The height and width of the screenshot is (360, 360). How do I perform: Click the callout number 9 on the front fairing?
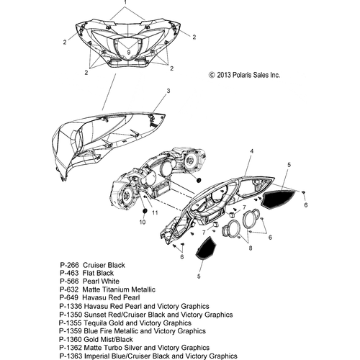(x=129, y=52)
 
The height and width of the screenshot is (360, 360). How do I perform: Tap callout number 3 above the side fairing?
(x=168, y=91)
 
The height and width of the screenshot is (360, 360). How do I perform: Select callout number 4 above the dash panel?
(x=252, y=151)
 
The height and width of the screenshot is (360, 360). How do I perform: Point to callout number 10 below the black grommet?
(x=143, y=222)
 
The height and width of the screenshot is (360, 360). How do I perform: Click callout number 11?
(x=155, y=212)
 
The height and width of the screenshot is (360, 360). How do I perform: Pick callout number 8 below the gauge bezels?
(x=251, y=248)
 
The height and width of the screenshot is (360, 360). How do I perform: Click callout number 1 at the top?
(x=125, y=2)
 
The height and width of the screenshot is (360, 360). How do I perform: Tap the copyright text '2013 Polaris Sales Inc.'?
(x=248, y=75)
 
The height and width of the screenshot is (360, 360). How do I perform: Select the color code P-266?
(x=69, y=265)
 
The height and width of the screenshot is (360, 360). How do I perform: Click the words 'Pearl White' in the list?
(x=101, y=282)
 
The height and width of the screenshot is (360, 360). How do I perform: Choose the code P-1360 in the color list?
(x=71, y=340)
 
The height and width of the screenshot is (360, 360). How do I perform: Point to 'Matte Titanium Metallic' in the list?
(x=119, y=289)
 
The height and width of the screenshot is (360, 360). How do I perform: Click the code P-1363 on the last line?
(x=71, y=356)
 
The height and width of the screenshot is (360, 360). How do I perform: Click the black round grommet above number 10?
(x=145, y=211)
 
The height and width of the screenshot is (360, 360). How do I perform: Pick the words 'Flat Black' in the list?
(x=98, y=273)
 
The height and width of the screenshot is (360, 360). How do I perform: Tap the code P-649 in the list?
(x=69, y=297)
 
